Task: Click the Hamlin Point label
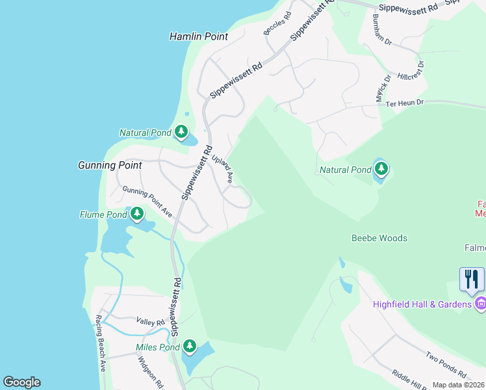(199, 37)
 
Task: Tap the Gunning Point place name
(110, 166)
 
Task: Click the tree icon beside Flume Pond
(136, 214)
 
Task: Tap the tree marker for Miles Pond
(190, 346)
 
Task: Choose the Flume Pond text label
(103, 214)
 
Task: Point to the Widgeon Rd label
(151, 372)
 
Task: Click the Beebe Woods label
(379, 238)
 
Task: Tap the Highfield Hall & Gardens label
(423, 304)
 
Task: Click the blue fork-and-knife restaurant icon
(472, 279)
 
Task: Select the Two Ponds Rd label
(446, 365)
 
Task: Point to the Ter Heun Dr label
(404, 103)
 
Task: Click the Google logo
(21, 382)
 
